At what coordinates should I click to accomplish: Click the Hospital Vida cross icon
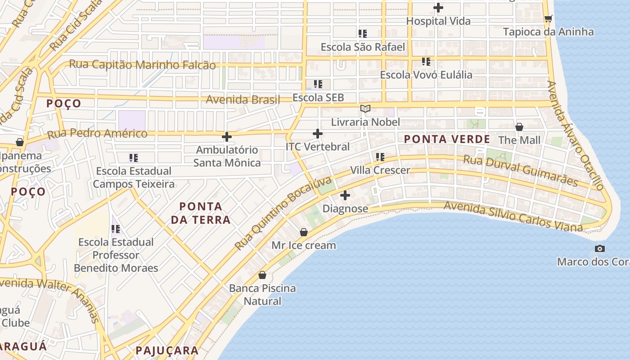click(x=438, y=8)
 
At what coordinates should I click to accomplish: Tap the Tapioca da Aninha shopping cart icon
click(x=548, y=18)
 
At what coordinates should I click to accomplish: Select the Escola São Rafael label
click(x=363, y=47)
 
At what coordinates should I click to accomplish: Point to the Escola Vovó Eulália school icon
click(x=426, y=61)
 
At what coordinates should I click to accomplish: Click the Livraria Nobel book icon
click(x=365, y=108)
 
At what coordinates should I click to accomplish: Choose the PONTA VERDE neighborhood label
click(x=447, y=139)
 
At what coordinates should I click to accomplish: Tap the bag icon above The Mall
click(x=519, y=127)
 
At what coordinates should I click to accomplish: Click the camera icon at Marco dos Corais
click(x=599, y=248)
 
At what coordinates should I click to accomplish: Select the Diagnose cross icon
click(x=345, y=195)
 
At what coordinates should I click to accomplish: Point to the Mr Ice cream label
click(x=304, y=245)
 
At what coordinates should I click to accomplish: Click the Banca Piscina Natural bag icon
click(x=262, y=274)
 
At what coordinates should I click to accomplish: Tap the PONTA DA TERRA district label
click(x=205, y=213)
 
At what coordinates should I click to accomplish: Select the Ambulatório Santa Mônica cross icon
click(x=227, y=136)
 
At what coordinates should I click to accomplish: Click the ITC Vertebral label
click(x=318, y=147)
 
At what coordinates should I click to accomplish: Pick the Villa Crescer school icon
click(x=380, y=157)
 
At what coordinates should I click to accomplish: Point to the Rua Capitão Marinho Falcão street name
click(x=142, y=65)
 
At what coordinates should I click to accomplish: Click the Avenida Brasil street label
click(x=243, y=99)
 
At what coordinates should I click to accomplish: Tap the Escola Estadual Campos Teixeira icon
click(x=133, y=157)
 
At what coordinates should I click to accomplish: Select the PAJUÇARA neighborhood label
click(x=167, y=351)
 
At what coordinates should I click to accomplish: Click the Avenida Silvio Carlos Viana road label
click(x=513, y=216)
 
